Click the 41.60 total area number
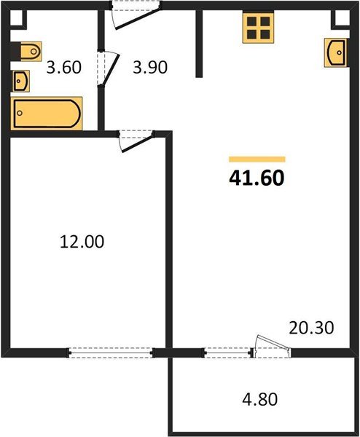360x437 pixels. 257,176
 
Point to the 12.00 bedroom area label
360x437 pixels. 82,241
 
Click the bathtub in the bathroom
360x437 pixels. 47,113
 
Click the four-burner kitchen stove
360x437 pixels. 257,30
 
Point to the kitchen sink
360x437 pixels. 335,52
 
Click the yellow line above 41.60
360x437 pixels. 257,158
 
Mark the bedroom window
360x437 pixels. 112,353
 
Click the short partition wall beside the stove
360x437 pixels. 199,44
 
